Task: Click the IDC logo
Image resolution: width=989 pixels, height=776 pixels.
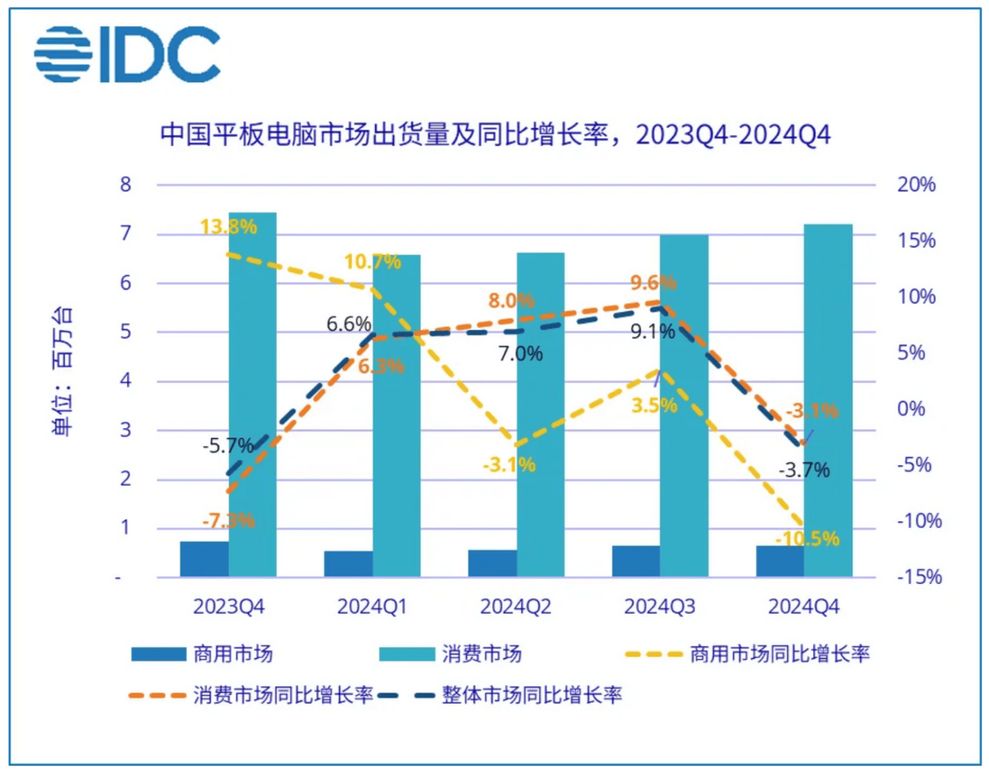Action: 127,54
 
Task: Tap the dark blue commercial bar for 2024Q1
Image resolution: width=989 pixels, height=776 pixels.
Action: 348,564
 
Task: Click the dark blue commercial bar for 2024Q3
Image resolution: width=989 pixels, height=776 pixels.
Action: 635,561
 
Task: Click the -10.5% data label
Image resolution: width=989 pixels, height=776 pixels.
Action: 808,539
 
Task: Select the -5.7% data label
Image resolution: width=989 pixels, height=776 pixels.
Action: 227,446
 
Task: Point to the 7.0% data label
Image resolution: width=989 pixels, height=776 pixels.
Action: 521,354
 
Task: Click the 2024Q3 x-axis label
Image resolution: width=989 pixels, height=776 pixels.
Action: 659,607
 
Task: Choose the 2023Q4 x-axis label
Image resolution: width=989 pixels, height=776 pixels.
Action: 228,607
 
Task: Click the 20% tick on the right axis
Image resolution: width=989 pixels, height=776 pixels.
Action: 916,185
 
